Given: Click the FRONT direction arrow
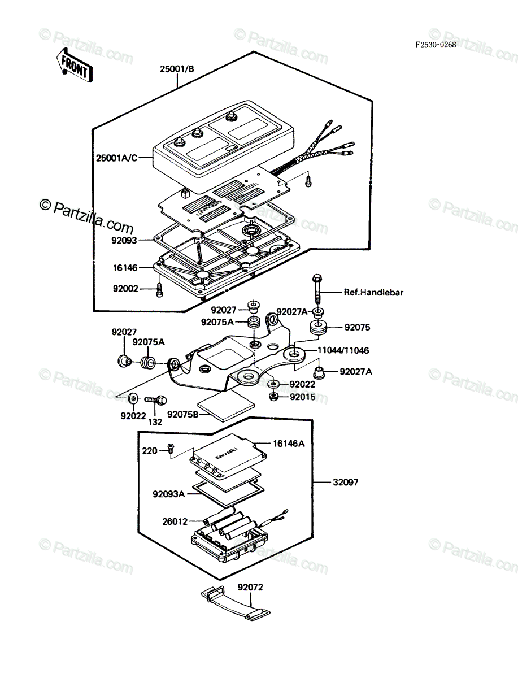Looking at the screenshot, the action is pyautogui.click(x=74, y=66).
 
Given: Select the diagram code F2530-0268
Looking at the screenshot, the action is pyautogui.click(x=435, y=45).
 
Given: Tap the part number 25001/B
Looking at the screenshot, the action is pyautogui.click(x=177, y=69).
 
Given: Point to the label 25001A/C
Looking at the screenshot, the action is pyautogui.click(x=117, y=158).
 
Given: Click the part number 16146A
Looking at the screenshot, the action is pyautogui.click(x=289, y=444).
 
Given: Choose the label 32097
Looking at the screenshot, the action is pyautogui.click(x=346, y=482).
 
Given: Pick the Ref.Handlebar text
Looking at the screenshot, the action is pyautogui.click(x=373, y=292).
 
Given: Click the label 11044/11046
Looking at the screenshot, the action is pyautogui.click(x=343, y=350).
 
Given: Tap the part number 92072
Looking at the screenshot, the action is pyautogui.click(x=250, y=587).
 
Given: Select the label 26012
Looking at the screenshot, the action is pyautogui.click(x=175, y=521).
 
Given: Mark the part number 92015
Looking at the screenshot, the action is pyautogui.click(x=303, y=397).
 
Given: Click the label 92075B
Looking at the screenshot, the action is pyautogui.click(x=183, y=414).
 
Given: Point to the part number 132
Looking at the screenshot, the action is pyautogui.click(x=155, y=422).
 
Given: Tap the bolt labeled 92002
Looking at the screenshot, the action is pyautogui.click(x=159, y=290).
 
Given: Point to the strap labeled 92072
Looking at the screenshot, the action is pyautogui.click(x=236, y=604).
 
